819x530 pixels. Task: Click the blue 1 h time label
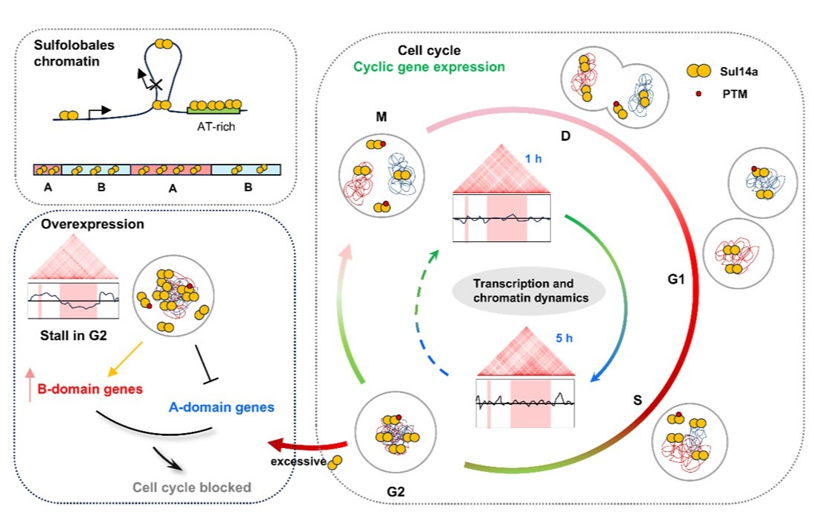pyautogui.click(x=529, y=159)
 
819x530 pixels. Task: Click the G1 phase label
pyautogui.click(x=677, y=281)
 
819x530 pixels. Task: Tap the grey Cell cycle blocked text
pyautogui.click(x=191, y=488)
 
